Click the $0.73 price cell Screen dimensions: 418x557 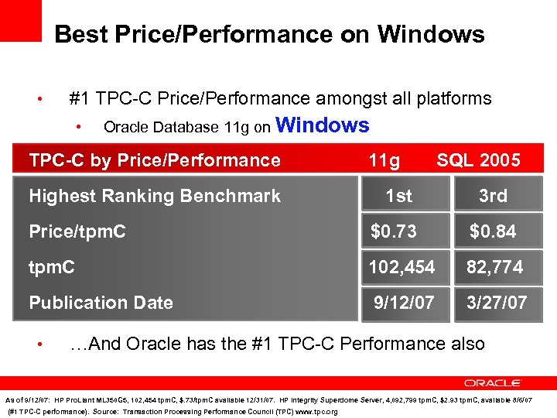coord(394,231)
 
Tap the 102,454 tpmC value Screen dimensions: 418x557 coord(402,267)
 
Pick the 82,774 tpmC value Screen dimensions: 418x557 coord(494,267)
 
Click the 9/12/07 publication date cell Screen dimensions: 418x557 coord(403,303)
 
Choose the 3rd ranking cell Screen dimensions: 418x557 coord(493,196)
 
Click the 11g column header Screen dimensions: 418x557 coord(384,160)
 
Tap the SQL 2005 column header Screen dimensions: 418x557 coord(478,160)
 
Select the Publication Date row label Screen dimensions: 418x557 coord(101,303)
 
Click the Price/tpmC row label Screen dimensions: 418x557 coord(77,231)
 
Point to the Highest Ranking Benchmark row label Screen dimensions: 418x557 coord(155,196)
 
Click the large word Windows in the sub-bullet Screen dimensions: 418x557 coord(322,125)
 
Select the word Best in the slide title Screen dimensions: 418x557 coord(81,34)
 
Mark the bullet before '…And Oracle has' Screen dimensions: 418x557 coord(47,344)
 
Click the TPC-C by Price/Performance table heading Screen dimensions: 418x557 coord(155,160)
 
